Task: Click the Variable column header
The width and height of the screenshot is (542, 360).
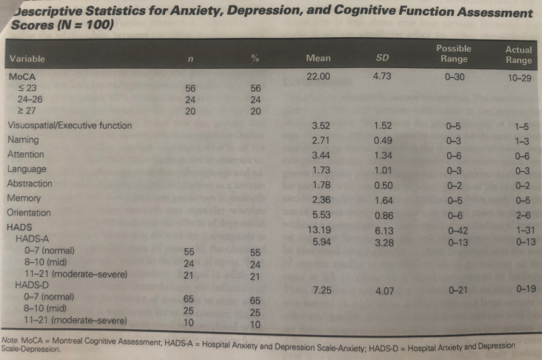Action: point(27,59)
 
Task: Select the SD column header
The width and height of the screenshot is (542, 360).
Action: point(382,58)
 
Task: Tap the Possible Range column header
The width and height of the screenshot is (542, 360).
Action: point(453,54)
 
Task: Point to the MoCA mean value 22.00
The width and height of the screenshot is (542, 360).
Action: point(318,76)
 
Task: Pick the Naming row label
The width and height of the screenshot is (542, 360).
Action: point(23,140)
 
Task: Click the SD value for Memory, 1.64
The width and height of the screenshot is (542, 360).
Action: point(383,200)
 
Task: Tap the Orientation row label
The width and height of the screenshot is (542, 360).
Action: point(28,213)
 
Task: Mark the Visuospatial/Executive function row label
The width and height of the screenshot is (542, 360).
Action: point(69,125)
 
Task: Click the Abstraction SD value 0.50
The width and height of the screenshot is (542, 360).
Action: point(383,185)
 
